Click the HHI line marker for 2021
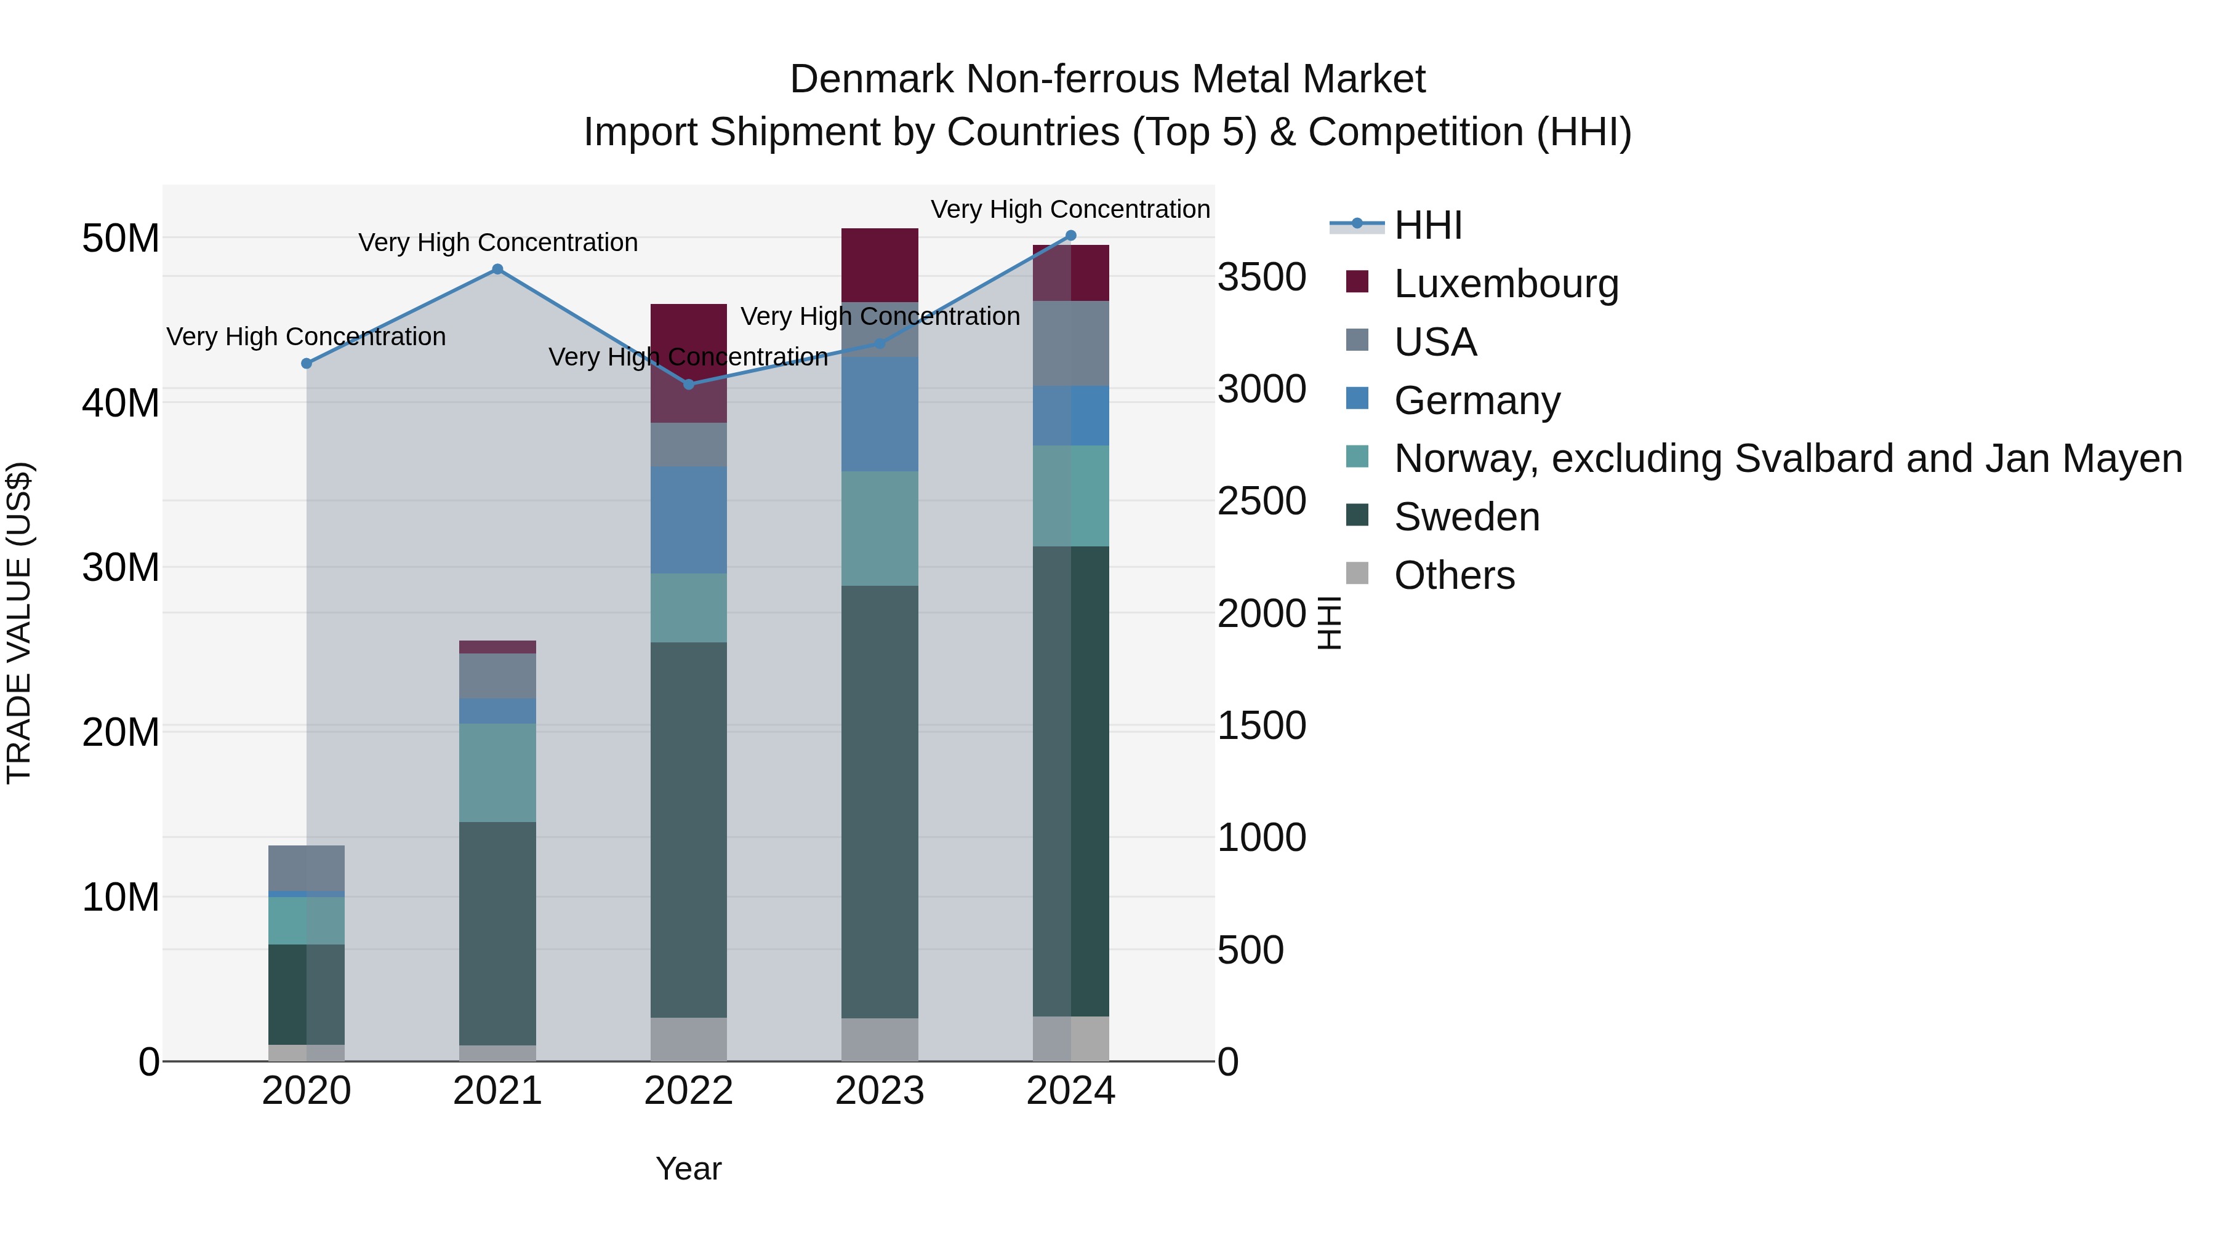(x=497, y=269)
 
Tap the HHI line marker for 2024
(x=1071, y=235)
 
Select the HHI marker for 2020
(x=307, y=364)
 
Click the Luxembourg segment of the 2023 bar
(x=879, y=265)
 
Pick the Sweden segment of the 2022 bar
(x=688, y=830)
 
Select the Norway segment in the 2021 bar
(x=497, y=772)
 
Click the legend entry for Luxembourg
(x=1506, y=284)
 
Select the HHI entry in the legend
(x=1428, y=225)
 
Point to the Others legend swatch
(x=1357, y=573)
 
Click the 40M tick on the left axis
(x=121, y=402)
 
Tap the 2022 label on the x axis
(x=688, y=1091)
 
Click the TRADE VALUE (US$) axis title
(x=19, y=623)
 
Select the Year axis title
(x=688, y=1168)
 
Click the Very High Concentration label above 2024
(x=1070, y=209)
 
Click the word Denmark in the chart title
(x=872, y=79)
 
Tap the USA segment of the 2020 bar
(x=307, y=868)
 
